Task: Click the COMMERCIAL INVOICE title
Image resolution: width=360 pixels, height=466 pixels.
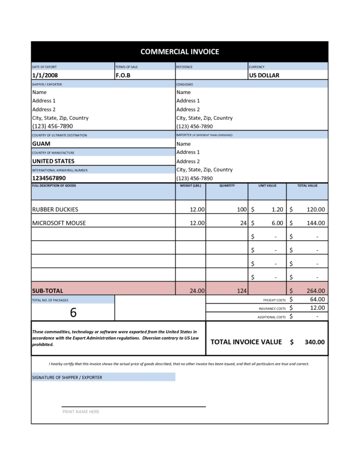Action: click(x=180, y=52)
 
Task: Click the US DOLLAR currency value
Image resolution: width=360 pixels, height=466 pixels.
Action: click(x=264, y=75)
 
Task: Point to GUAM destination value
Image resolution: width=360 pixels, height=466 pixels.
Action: click(x=41, y=144)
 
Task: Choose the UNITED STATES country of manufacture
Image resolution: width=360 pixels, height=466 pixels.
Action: click(x=53, y=161)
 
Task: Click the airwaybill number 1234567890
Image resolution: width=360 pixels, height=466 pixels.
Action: click(x=48, y=178)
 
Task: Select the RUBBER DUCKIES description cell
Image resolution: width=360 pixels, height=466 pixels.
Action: click(x=55, y=209)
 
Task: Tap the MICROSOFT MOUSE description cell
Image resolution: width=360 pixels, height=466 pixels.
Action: click(x=59, y=223)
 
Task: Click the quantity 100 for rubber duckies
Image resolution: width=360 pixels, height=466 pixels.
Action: click(x=241, y=209)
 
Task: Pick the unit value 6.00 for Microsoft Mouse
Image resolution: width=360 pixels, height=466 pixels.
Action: click(x=277, y=223)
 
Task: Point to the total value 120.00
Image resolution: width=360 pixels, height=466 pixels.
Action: click(x=316, y=209)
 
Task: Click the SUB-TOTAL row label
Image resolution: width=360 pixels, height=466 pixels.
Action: click(x=48, y=291)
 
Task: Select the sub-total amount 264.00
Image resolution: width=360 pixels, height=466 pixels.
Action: click(x=316, y=291)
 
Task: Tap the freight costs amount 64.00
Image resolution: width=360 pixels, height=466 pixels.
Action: click(x=317, y=299)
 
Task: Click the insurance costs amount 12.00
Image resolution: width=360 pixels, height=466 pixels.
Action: click(x=317, y=308)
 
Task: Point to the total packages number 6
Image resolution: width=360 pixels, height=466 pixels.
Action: click(x=73, y=312)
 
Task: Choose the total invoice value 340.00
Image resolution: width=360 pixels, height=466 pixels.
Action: click(x=314, y=342)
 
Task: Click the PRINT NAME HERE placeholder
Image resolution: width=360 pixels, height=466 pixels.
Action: click(x=81, y=412)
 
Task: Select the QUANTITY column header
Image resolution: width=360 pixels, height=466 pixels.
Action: click(x=227, y=186)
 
